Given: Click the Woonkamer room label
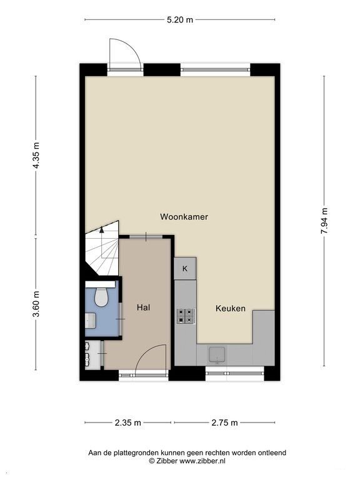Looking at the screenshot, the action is [x=184, y=217].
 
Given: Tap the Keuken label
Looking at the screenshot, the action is [x=231, y=308].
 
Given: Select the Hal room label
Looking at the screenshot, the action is [x=143, y=307].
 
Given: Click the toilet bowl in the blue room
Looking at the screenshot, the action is [x=101, y=297].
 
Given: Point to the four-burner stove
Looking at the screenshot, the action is [x=186, y=316].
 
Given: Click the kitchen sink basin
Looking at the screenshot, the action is [x=217, y=354].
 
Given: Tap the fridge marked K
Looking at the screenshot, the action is [x=185, y=269].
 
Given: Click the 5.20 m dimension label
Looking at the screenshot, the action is [x=180, y=20].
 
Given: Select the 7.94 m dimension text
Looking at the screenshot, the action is [x=324, y=221].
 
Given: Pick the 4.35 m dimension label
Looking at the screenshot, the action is [x=36, y=155].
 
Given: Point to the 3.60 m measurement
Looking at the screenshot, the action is [x=36, y=304].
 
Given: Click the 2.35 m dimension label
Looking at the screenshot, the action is [x=128, y=422].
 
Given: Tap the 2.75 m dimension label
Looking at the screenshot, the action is [x=225, y=422].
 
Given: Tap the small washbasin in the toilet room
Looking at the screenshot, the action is [x=91, y=320].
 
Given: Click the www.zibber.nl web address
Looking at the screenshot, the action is [x=202, y=461].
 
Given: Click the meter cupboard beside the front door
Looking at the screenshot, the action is [x=92, y=355].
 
